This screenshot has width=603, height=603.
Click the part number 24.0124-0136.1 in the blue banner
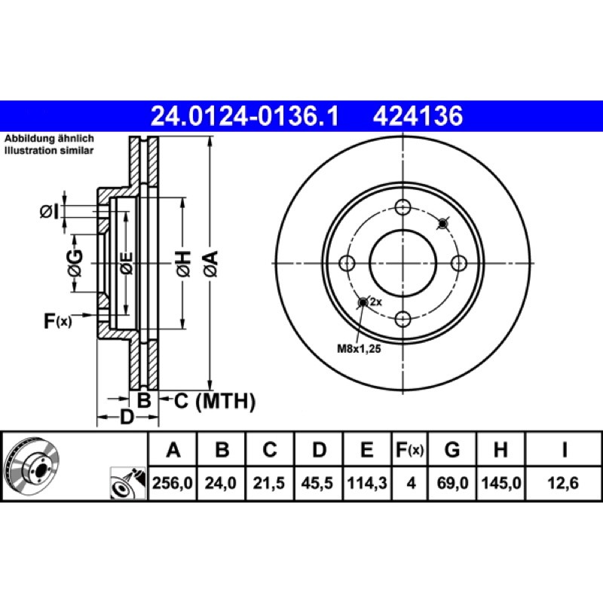coord(244,116)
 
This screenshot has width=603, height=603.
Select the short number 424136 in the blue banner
coord(418,116)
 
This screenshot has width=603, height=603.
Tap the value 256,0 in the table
coord(173,483)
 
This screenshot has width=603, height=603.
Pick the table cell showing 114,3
coord(367,483)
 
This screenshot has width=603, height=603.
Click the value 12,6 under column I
coord(563,483)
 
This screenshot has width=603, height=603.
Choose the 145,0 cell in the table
coord(501,483)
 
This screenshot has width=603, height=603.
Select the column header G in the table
coord(452,449)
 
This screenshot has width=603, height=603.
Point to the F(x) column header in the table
coord(409,450)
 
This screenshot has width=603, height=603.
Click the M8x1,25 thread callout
coord(359,349)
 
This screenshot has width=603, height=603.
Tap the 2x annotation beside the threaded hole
coord(375,302)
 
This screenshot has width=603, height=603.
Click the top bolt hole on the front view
coord(403,207)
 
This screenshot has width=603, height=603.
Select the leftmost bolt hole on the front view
coord(347,263)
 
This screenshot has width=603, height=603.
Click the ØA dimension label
coord(211,264)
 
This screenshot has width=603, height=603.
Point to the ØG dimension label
coord(75,263)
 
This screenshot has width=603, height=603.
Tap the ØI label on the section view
coord(49,212)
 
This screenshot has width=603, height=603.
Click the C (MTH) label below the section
coord(215,401)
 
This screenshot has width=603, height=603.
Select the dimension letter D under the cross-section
coord(127,417)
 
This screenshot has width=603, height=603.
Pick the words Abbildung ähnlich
coord(49,139)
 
